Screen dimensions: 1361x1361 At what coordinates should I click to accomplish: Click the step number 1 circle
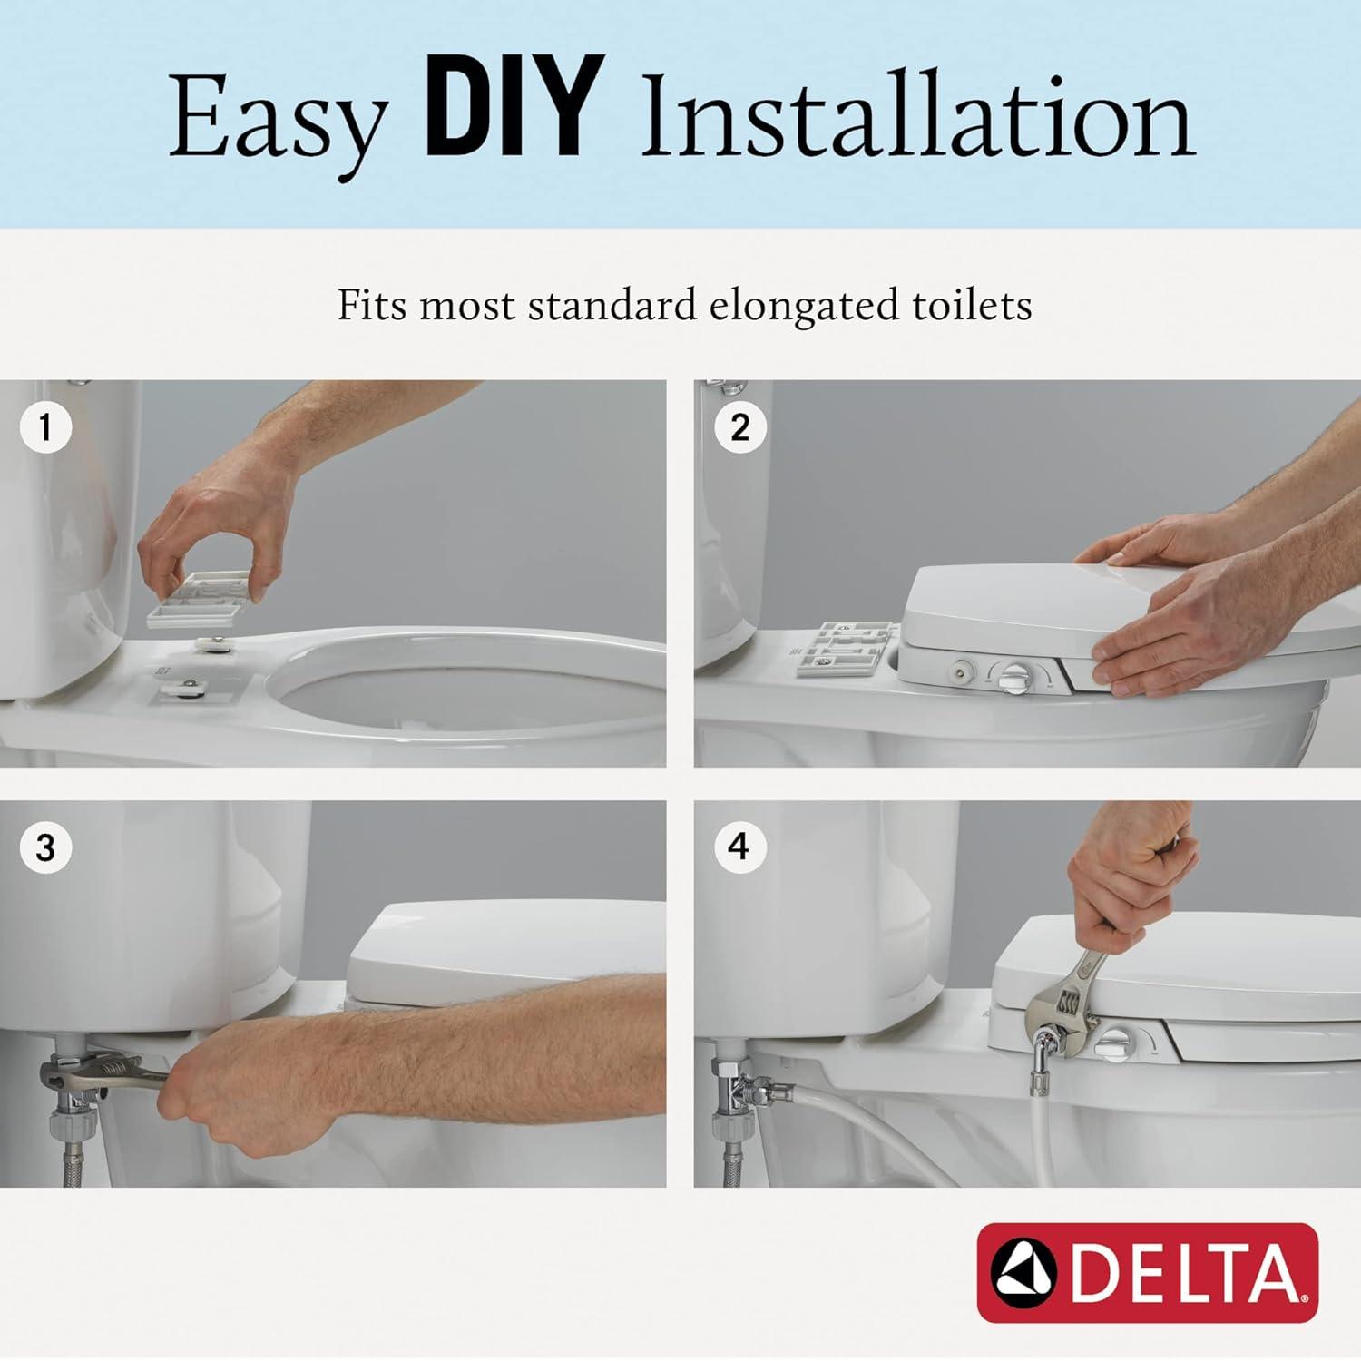[x=45, y=426]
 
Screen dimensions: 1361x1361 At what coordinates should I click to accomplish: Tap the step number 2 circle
[x=739, y=426]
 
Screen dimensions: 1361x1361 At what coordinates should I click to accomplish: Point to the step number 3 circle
[x=45, y=848]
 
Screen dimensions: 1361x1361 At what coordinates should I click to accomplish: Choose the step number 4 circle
[x=739, y=847]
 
